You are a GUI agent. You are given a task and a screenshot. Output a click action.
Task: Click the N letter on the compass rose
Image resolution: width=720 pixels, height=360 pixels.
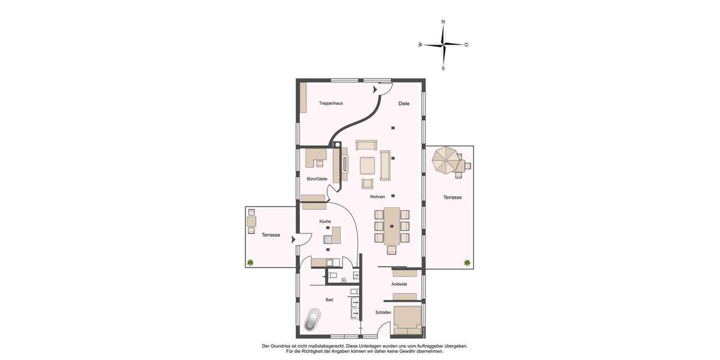coord(443,22)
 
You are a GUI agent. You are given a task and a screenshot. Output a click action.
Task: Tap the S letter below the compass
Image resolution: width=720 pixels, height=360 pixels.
coord(443,68)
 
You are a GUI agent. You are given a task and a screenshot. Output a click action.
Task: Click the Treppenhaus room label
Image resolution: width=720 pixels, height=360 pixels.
coord(331,103)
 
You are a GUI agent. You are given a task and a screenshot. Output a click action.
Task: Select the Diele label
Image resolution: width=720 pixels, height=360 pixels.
coord(404,103)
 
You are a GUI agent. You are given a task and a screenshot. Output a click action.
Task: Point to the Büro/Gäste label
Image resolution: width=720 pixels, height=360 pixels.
coord(317,179)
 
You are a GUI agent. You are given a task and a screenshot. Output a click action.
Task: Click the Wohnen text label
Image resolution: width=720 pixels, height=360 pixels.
coord(377,197)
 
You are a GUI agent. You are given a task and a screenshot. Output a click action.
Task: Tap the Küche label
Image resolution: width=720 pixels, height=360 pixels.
coord(325,221)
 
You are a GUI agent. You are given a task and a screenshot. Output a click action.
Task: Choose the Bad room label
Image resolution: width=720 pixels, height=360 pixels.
coord(329,299)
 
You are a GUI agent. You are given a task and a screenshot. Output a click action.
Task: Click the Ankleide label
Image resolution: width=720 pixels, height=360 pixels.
coord(399,284)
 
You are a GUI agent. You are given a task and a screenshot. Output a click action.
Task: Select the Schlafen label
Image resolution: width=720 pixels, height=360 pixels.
coord(383,313)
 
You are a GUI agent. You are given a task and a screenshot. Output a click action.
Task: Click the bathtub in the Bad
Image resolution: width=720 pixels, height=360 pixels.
coord(312,320)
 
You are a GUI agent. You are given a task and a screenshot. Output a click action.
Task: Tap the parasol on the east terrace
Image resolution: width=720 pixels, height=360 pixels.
coord(445,160)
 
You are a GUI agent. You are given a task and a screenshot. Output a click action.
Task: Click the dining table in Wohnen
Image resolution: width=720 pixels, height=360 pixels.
coord(392,226)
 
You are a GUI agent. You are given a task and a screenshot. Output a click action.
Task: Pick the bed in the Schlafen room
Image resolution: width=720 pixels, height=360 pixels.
coord(407,320)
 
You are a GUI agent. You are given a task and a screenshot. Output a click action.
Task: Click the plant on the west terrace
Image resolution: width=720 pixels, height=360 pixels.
coord(250,262)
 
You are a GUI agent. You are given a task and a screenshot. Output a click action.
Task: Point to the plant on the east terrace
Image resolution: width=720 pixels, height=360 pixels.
coord(467,262)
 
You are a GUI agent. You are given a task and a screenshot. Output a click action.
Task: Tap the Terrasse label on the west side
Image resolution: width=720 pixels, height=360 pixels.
coord(271,235)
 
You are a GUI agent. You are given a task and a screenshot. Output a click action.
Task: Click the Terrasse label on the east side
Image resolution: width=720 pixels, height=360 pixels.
coord(452,197)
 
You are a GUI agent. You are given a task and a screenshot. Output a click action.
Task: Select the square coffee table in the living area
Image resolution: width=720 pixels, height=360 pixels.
coord(367,165)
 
